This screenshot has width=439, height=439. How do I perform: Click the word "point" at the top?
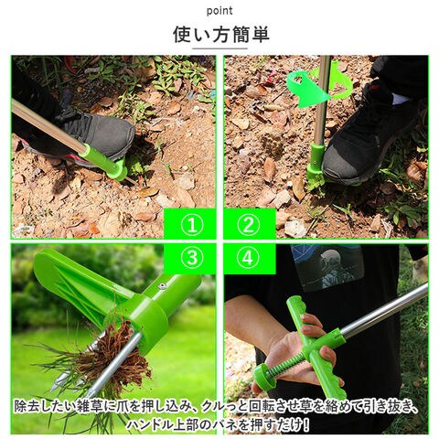[x=219, y=11]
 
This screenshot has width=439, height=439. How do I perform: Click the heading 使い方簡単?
[x=221, y=35]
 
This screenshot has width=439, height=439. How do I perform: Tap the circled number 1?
[x=192, y=225]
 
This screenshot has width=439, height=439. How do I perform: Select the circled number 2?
[x=249, y=225]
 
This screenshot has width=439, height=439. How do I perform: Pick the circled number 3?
[x=192, y=258]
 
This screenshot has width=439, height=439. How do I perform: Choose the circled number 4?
[x=249, y=258]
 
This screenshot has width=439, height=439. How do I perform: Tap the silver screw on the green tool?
[x=162, y=285]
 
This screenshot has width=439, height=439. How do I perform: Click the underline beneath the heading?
[x=219, y=48]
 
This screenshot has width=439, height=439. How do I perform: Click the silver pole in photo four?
[x=384, y=310]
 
